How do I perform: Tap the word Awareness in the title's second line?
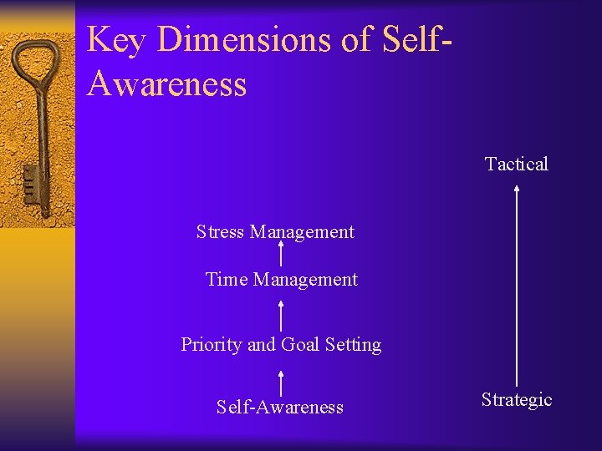(166, 84)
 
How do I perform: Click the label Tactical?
(517, 164)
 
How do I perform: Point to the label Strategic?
(517, 400)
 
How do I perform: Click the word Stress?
(220, 231)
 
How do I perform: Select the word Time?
(227, 279)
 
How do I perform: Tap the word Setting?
(353, 344)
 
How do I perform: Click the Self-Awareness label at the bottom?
(279, 407)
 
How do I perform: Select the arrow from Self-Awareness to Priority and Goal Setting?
(280, 383)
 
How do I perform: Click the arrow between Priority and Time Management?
(280, 315)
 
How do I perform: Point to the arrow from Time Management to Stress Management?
(280, 254)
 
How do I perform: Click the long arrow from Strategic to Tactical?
(517, 284)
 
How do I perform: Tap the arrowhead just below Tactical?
(517, 189)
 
